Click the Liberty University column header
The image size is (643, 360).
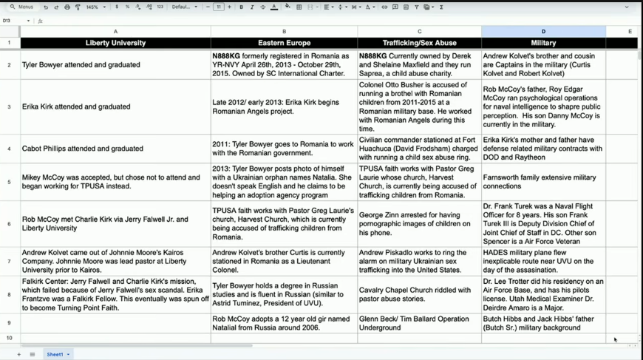click(x=115, y=43)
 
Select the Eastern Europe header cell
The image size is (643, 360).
click(x=284, y=43)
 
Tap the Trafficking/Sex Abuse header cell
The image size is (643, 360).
click(x=419, y=43)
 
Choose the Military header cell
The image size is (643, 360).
click(x=543, y=43)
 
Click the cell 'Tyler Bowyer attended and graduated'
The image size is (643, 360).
click(x=81, y=65)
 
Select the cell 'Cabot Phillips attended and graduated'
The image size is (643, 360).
click(x=83, y=149)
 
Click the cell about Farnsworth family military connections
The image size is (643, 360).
click(x=540, y=182)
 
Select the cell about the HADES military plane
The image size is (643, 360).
click(x=543, y=262)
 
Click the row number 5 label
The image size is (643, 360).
click(x=10, y=182)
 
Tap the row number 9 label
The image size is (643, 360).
click(x=10, y=323)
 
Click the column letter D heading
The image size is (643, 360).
click(x=543, y=32)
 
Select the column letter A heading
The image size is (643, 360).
click(x=115, y=32)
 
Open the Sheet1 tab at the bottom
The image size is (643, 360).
click(x=55, y=355)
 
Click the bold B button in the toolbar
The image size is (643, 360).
click(x=241, y=7)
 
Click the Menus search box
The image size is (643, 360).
click(x=22, y=7)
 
